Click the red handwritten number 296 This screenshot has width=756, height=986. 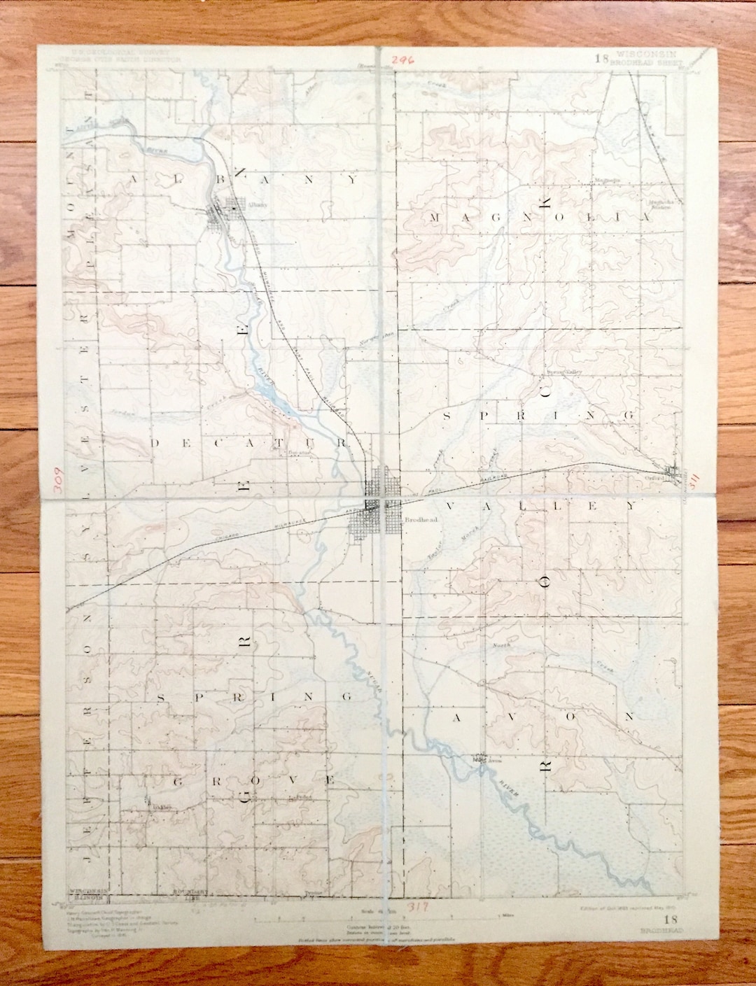coord(403,60)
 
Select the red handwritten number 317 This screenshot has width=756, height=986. coord(418,907)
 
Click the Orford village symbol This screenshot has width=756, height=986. coord(673,474)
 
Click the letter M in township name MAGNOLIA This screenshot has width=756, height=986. coord(435,218)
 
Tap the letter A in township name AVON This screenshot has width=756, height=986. coord(458,717)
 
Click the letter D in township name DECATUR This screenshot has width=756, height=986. coord(156,443)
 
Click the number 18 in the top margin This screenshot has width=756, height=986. coord(601,58)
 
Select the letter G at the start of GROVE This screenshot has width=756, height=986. coord(178,780)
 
